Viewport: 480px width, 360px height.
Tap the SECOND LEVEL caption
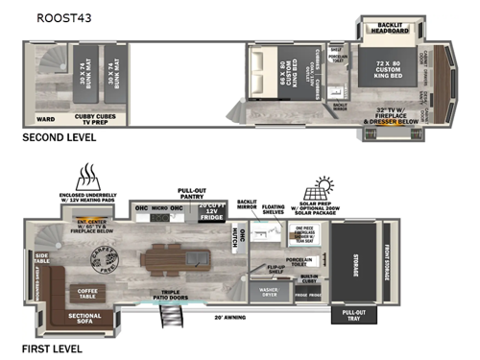click(x=59, y=138)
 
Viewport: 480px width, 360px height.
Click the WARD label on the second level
click(x=44, y=119)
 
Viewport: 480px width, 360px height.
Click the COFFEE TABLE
click(x=90, y=292)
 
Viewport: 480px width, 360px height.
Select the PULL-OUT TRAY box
click(x=348, y=318)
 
